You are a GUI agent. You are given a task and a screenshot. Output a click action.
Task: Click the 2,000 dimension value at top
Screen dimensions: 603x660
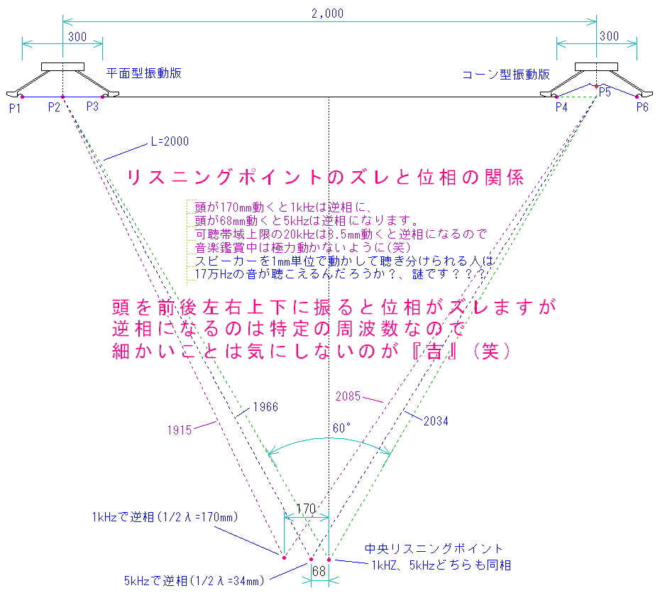tap(328, 13)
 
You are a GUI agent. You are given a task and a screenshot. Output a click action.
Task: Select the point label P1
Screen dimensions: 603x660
tap(16, 107)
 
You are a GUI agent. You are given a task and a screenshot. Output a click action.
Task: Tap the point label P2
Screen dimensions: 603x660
tap(55, 107)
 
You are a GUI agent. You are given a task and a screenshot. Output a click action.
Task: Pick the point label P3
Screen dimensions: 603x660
tap(93, 107)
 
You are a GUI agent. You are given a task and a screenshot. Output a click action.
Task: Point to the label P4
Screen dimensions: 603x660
tap(561, 107)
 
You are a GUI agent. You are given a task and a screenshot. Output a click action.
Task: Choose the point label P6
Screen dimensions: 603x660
tap(642, 107)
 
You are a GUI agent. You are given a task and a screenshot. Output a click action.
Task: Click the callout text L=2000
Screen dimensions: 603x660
tap(170, 141)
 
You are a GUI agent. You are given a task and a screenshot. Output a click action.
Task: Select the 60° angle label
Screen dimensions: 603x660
tap(341, 428)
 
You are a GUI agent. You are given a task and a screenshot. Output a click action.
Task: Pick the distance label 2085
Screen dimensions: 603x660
tap(348, 395)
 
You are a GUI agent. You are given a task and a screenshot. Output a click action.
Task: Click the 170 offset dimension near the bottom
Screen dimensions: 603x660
tap(306, 509)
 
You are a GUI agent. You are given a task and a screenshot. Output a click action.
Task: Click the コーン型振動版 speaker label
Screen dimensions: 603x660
tap(506, 74)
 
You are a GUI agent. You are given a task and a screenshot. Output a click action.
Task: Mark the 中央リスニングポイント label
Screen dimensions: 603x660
tap(434, 548)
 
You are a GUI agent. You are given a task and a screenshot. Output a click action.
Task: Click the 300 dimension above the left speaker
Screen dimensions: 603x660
tap(77, 36)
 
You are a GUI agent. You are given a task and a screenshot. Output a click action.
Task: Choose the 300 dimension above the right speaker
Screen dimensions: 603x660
tap(609, 36)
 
